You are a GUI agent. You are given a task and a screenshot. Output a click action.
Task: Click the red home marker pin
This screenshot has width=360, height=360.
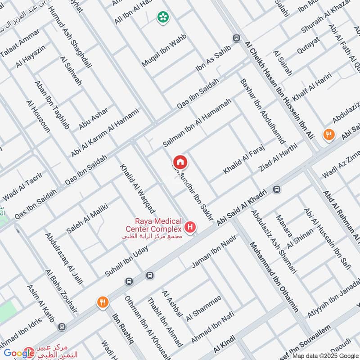pyautogui.click(x=180, y=162)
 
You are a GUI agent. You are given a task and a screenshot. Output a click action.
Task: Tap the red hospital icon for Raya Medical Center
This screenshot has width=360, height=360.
pyautogui.click(x=191, y=227)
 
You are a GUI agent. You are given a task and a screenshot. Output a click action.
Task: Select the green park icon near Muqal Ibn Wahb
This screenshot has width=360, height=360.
pyautogui.click(x=163, y=18)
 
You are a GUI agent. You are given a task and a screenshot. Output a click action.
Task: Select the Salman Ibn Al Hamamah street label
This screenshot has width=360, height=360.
pyautogui.click(x=197, y=123)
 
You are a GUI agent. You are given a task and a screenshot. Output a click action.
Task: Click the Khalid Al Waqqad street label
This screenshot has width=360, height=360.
pyautogui.click(x=137, y=189)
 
